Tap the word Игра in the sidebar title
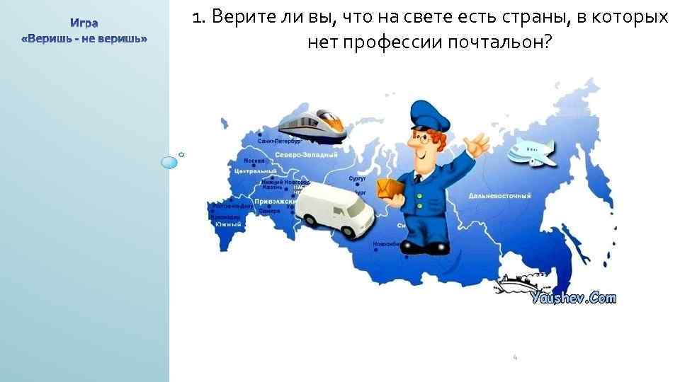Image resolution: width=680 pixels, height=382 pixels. click(x=84, y=23)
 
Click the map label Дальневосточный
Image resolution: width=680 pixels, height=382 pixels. click(x=499, y=195)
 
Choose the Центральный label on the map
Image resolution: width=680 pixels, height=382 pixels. click(x=255, y=172)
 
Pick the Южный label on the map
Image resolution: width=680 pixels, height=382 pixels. click(x=229, y=224)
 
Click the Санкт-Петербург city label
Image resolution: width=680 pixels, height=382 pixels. click(x=280, y=141)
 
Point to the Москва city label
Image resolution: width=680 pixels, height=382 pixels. click(x=254, y=161)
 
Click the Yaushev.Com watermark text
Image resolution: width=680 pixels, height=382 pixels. click(x=574, y=299)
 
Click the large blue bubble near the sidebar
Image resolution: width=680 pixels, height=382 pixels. click(x=169, y=163)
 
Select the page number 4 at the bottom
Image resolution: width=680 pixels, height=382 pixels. click(x=515, y=358)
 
